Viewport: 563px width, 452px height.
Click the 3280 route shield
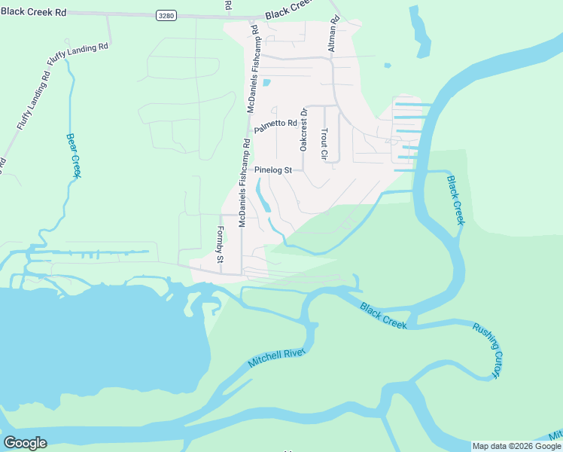pos(166,15)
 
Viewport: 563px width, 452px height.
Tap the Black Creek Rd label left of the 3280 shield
pos(33,13)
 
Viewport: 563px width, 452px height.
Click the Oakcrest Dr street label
pos(304,130)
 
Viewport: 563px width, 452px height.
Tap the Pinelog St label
pos(272,170)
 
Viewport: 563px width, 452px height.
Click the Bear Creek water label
pos(73,156)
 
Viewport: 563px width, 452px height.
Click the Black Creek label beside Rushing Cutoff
pos(383,316)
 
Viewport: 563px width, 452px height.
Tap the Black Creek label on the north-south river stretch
pos(456,200)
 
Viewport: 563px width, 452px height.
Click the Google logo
pos(26,442)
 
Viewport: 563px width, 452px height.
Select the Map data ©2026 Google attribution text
pos(516,446)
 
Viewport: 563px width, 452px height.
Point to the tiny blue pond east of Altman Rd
pos(388,66)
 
